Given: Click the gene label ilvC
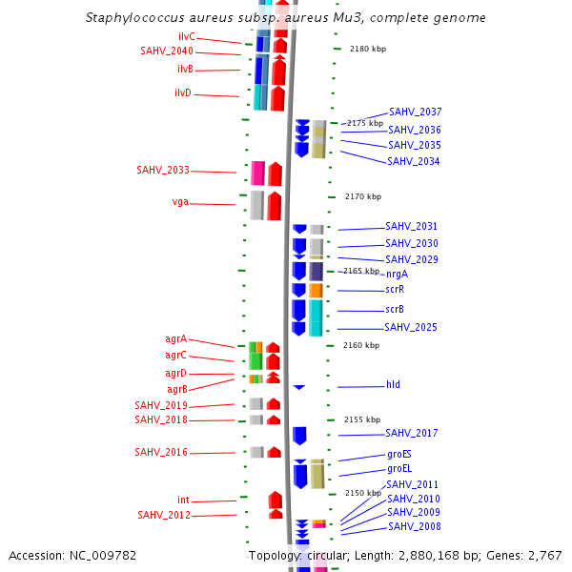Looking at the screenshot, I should (187, 36).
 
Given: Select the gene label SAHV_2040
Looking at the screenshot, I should (167, 51).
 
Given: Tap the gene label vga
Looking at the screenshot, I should (180, 202).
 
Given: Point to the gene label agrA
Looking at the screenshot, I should (175, 338).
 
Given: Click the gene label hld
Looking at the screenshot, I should (393, 384).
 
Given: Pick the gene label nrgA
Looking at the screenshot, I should (398, 274).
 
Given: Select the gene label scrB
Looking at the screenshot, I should (395, 309).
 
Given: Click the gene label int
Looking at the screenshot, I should (183, 500).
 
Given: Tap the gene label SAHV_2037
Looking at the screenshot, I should (415, 112).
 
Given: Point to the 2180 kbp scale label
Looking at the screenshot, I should (368, 48).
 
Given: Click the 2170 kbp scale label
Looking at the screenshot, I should (363, 196).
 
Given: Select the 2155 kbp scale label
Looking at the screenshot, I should (362, 419).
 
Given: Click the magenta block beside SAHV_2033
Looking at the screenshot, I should (257, 173).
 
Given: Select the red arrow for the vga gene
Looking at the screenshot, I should (275, 205).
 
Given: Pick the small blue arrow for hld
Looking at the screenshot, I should (298, 386).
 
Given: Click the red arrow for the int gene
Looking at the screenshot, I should (276, 500).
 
